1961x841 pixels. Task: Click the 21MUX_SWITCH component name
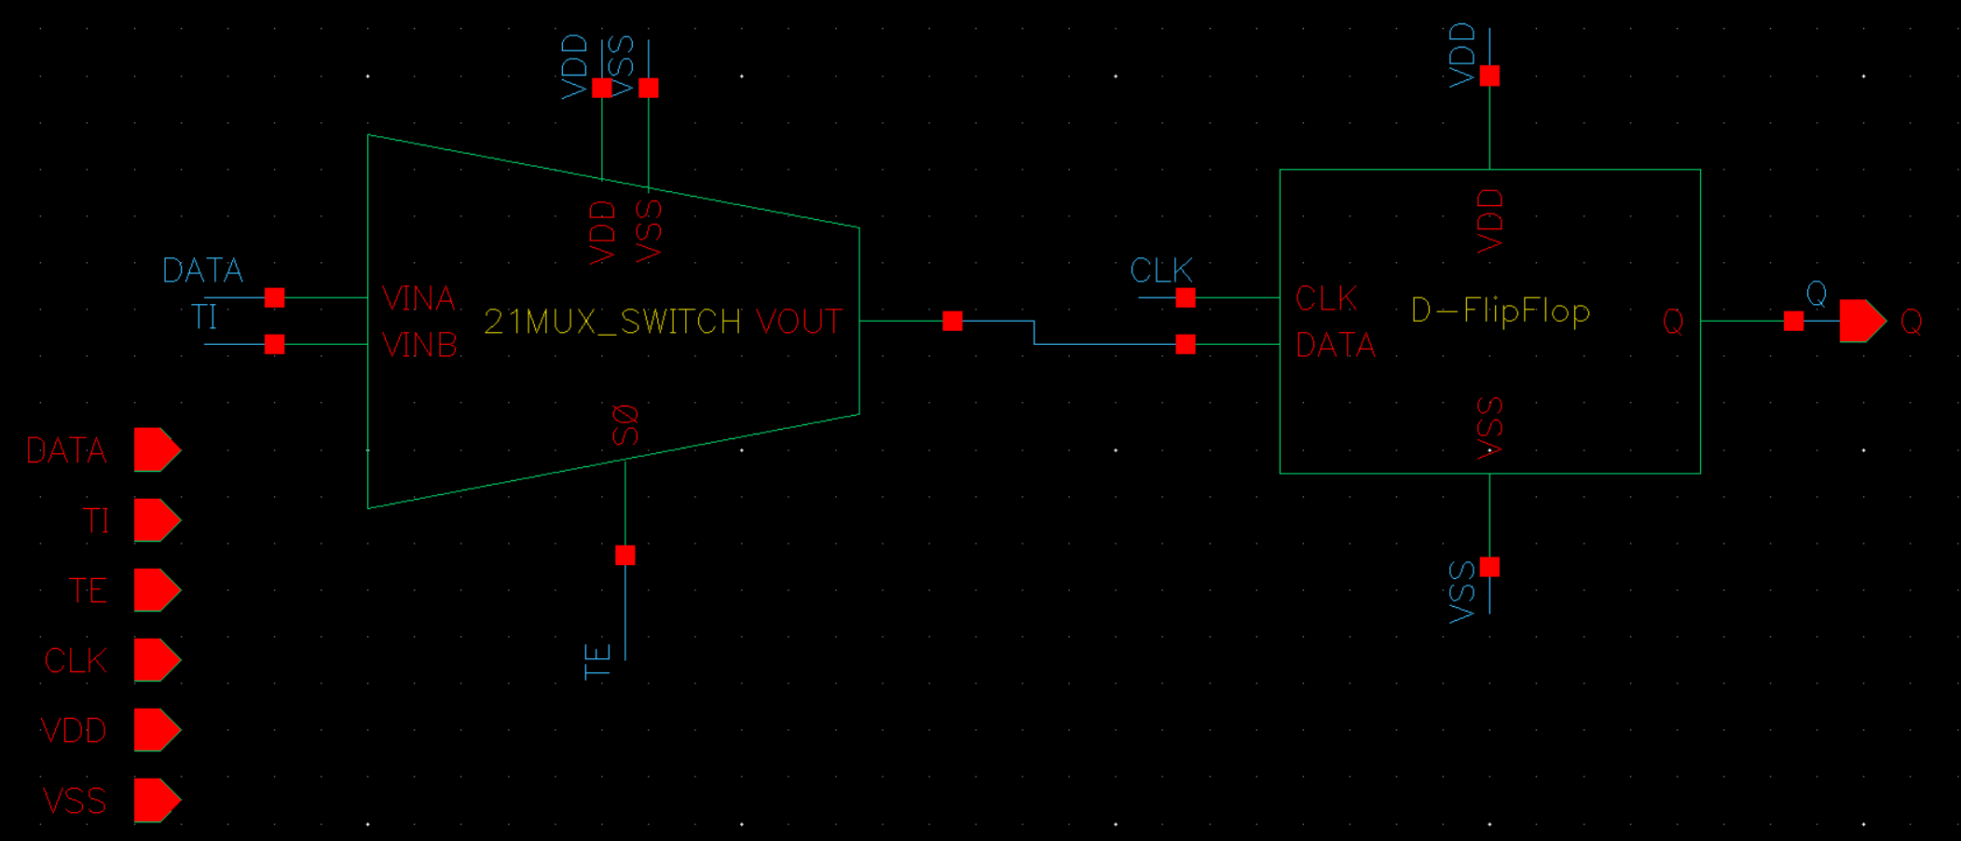pyautogui.click(x=611, y=322)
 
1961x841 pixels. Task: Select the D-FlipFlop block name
pyautogui.click(x=1500, y=310)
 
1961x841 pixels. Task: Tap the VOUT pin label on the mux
pyautogui.click(x=799, y=322)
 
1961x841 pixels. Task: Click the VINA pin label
pyautogui.click(x=418, y=298)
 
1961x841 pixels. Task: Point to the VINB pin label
pyautogui.click(x=419, y=346)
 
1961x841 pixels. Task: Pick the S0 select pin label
pyautogui.click(x=625, y=425)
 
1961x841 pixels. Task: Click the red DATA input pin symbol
pyautogui.click(x=157, y=450)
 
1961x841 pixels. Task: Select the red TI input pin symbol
pyautogui.click(x=157, y=520)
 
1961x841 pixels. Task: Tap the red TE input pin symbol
pyautogui.click(x=157, y=590)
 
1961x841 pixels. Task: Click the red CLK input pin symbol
pyautogui.click(x=157, y=660)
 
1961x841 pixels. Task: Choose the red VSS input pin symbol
pyautogui.click(x=157, y=800)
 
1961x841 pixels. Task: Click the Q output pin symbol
pyautogui.click(x=1861, y=321)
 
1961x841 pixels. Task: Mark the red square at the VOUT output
pyautogui.click(x=953, y=321)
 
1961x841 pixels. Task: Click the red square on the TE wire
pyautogui.click(x=625, y=556)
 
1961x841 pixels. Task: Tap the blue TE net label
pyautogui.click(x=597, y=661)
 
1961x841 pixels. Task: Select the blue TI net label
pyautogui.click(x=204, y=317)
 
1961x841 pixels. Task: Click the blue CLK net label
pyautogui.click(x=1160, y=270)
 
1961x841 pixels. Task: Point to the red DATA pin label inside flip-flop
pyautogui.click(x=1335, y=346)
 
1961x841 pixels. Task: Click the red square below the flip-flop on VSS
pyautogui.click(x=1489, y=567)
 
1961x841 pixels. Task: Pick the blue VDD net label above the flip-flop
pyautogui.click(x=1462, y=55)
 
